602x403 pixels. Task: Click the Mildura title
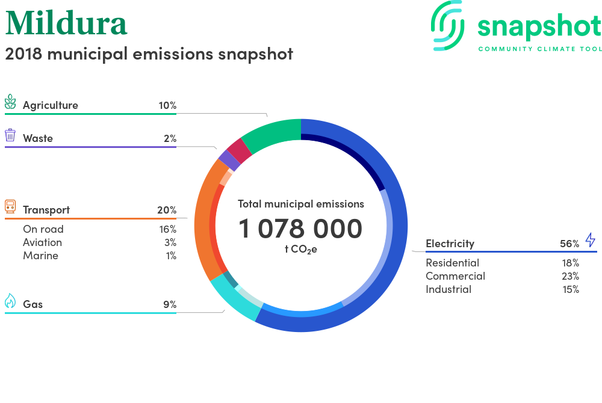coord(66,23)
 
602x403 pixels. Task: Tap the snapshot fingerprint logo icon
coord(448,25)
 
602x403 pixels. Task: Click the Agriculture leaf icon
coord(10,102)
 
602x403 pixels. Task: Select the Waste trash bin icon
coord(10,135)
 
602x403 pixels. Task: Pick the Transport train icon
coord(10,206)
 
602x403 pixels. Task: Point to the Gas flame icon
coord(10,301)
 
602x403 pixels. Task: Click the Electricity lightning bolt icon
coord(590,239)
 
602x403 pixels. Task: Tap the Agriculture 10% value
coord(167,105)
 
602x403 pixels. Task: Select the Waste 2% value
coord(170,138)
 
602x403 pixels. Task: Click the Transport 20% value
coord(167,210)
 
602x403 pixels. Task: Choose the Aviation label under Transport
coord(42,242)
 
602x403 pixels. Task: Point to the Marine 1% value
coord(171,256)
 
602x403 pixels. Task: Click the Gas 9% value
coord(170,304)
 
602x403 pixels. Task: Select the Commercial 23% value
coord(570,276)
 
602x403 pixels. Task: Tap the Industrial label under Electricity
coord(448,289)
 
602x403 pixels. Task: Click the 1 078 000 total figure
coord(300,229)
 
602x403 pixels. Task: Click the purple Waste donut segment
coord(229,160)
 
